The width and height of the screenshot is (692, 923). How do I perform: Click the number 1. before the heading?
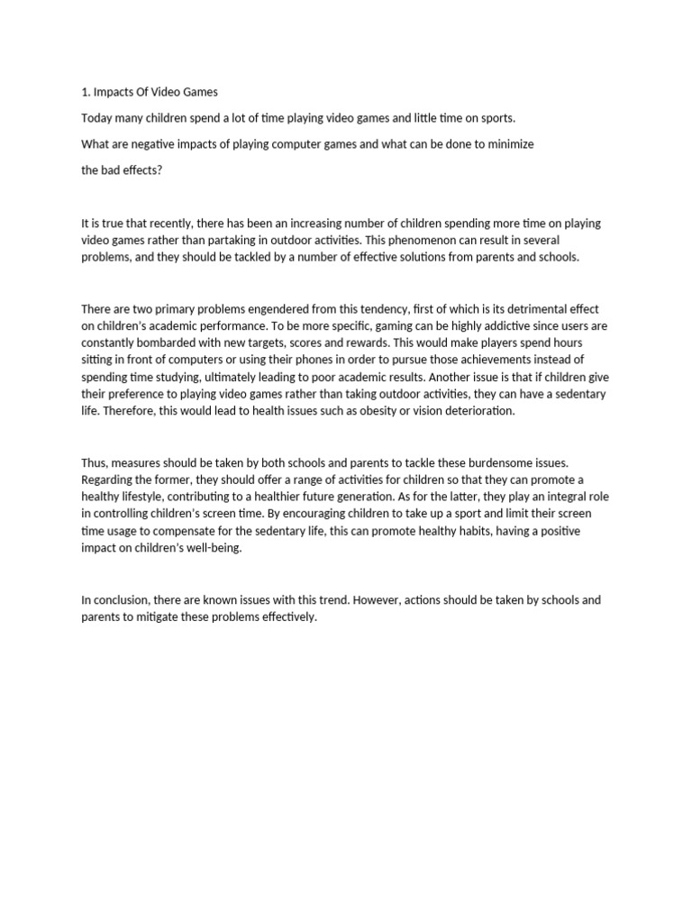tap(86, 93)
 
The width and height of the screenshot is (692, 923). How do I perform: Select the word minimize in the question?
tap(510, 144)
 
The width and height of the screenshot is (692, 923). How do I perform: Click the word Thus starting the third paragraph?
tap(95, 462)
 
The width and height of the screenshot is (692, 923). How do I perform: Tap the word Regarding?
tap(109, 480)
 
